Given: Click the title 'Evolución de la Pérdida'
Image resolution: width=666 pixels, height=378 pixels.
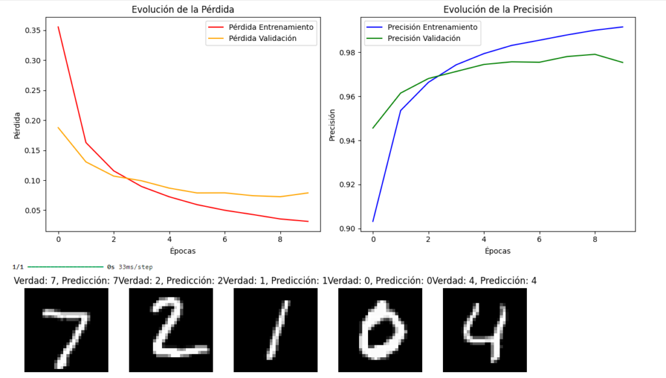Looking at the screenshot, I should (x=183, y=9).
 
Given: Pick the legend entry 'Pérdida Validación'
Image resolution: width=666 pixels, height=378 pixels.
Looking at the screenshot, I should (x=262, y=38).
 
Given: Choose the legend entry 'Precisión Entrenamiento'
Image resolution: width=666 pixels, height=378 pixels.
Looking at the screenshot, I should (x=432, y=27).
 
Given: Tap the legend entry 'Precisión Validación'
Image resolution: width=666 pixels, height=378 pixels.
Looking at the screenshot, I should (x=423, y=38).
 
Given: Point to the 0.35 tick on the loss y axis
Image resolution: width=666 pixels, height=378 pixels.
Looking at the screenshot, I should (x=32, y=31).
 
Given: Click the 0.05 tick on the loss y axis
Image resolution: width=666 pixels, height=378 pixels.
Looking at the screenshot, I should (x=32, y=211).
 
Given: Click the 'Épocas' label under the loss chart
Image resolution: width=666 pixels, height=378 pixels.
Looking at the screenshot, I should (x=183, y=250).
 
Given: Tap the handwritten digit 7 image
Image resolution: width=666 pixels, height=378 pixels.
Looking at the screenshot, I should (x=66, y=331).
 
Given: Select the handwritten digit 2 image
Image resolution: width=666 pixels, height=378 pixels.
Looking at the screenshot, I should (x=171, y=331).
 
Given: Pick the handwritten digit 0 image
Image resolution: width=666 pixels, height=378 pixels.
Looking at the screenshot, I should (x=380, y=331).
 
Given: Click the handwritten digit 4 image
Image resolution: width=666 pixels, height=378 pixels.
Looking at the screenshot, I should (x=485, y=331).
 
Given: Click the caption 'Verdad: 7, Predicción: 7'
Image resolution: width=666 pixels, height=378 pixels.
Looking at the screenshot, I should (x=66, y=280).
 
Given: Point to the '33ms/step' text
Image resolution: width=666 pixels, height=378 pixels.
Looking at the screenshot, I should (x=135, y=267).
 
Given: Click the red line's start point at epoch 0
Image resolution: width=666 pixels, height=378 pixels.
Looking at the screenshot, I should (x=59, y=27).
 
